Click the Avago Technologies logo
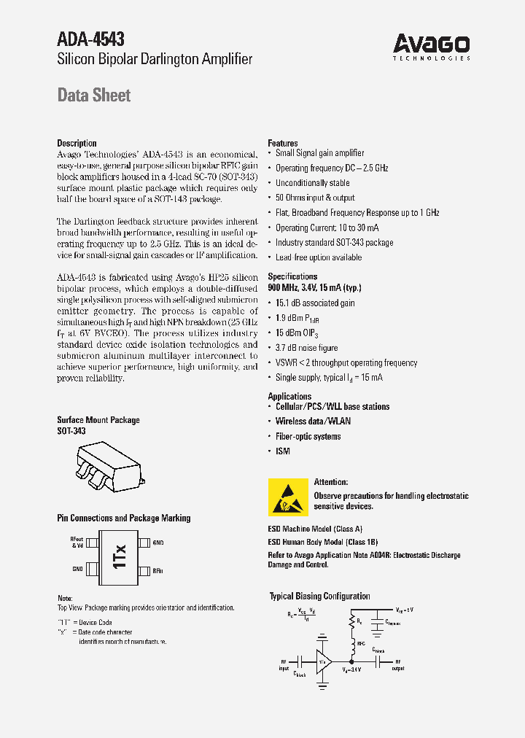pos(432,46)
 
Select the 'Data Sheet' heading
pos(94,96)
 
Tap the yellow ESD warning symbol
pos(288,497)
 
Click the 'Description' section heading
pos(77,144)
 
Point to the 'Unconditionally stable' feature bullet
pos(312,183)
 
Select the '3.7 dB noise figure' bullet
pos(306,348)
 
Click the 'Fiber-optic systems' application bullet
pos(308,437)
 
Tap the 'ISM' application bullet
pos(282,451)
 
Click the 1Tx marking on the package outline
pos(120,556)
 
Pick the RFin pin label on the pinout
pos(158,570)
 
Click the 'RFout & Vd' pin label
pos(77,543)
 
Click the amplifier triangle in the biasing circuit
pos(322,661)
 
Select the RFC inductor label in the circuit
pos(360,643)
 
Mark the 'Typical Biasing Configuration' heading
pos(319,597)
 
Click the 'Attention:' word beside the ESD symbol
pos(331,482)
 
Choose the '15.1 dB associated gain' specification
pos(315,303)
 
